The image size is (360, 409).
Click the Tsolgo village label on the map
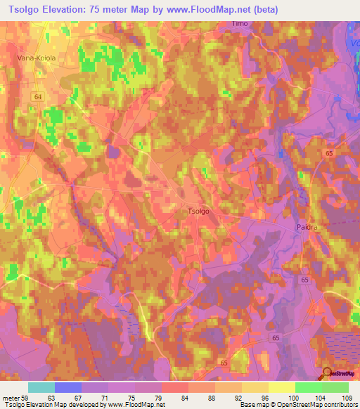point(198,210)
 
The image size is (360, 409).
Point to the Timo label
point(241,24)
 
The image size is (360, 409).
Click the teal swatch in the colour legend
point(41,387)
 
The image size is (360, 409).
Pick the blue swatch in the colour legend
point(67,387)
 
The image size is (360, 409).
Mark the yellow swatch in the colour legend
point(281,387)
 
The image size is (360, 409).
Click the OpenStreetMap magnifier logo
point(328,373)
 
